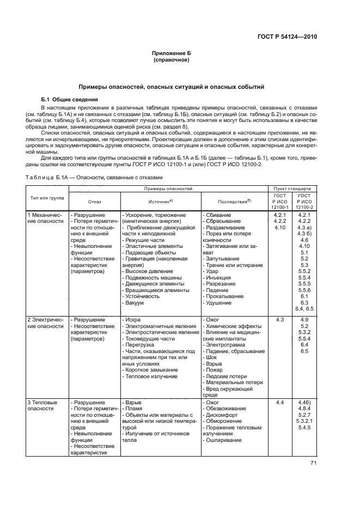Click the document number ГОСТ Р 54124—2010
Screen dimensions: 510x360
coord(287,37)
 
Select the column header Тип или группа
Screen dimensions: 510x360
coord(46,197)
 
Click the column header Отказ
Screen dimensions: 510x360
coord(94,201)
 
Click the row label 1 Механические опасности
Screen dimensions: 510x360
coord(46,219)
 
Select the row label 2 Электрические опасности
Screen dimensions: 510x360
coord(46,323)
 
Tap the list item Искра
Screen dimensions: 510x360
coord(133,319)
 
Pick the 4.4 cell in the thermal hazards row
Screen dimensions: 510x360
coord(280,402)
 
